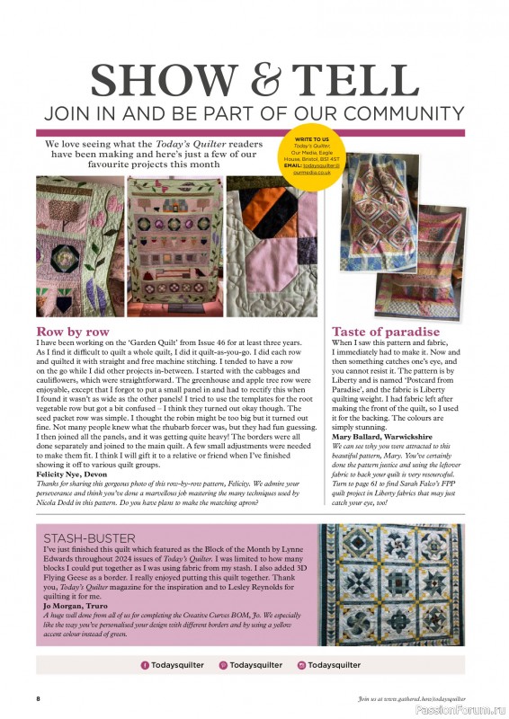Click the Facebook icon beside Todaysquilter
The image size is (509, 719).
click(x=145, y=665)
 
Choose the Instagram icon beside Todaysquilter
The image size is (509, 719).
click(x=300, y=665)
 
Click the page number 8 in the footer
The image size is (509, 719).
click(x=38, y=698)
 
